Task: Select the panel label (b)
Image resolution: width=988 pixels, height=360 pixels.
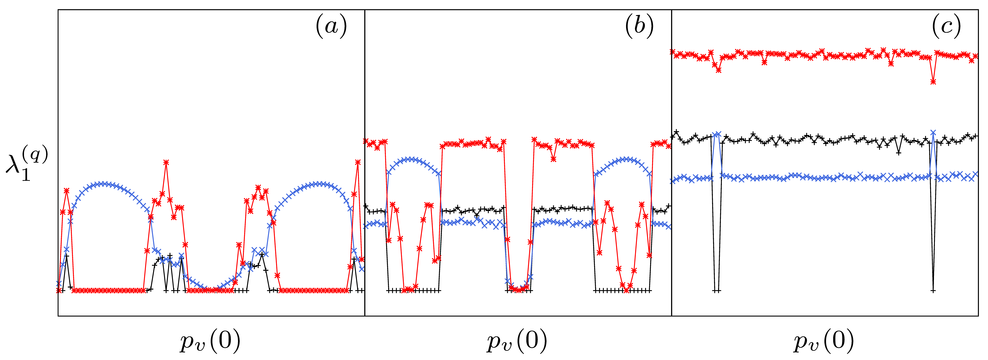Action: click(x=639, y=27)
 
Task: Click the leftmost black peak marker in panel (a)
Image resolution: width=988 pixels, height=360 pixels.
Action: click(x=67, y=256)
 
